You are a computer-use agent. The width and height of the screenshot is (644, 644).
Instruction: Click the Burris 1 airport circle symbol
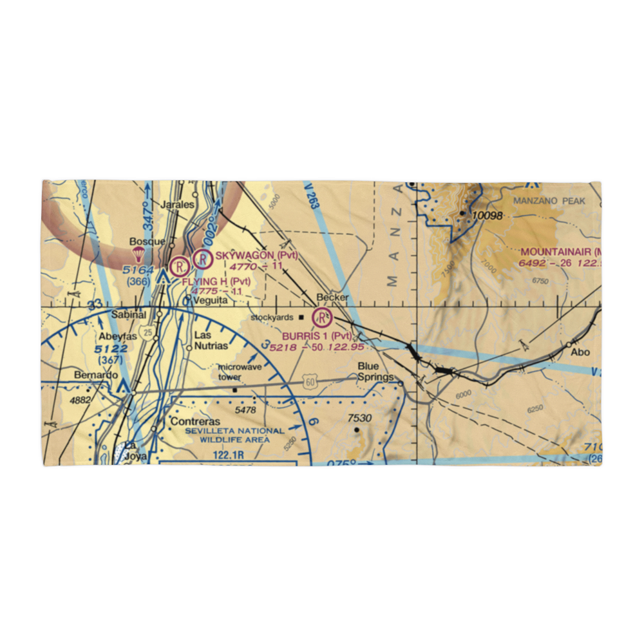pos(321,317)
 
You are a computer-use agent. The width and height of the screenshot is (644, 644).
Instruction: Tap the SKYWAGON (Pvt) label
pos(257,256)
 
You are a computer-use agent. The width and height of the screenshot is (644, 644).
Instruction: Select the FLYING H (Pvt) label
pos(216,281)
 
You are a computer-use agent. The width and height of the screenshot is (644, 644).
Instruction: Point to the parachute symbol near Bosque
pos(137,254)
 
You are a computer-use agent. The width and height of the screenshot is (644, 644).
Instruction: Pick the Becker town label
pos(332,298)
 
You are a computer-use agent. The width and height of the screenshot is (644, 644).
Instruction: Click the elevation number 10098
pos(487,216)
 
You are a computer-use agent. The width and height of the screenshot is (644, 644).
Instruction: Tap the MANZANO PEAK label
pos(549,201)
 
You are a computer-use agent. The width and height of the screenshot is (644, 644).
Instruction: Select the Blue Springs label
pos(375,372)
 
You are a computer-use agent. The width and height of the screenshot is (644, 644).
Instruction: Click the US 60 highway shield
pos(310,383)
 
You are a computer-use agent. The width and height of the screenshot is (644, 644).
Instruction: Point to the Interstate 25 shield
pos(149,332)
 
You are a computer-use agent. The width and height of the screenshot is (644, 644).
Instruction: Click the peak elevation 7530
pos(360,419)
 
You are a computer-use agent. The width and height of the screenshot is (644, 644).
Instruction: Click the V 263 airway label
pos(312,196)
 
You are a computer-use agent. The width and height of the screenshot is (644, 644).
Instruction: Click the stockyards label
pos(272,317)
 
